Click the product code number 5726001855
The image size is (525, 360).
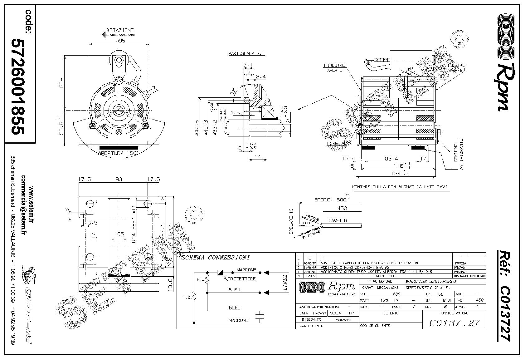coord(18,86)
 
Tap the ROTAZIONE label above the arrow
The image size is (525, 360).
coord(120,30)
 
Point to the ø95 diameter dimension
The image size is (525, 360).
coord(120,41)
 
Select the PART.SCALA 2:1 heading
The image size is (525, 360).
coord(246,53)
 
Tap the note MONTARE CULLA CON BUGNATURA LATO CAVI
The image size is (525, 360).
coord(400,187)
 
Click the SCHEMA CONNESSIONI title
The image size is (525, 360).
coord(215,258)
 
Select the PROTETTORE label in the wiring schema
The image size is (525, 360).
coord(241,279)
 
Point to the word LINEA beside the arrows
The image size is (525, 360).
coord(285,283)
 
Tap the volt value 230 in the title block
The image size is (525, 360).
coord(396,294)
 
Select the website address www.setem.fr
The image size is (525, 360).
coord(31,205)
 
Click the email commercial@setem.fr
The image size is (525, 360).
coord(23,205)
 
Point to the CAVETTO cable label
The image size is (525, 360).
coord(338,220)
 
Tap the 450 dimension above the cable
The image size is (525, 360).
coord(342,208)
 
